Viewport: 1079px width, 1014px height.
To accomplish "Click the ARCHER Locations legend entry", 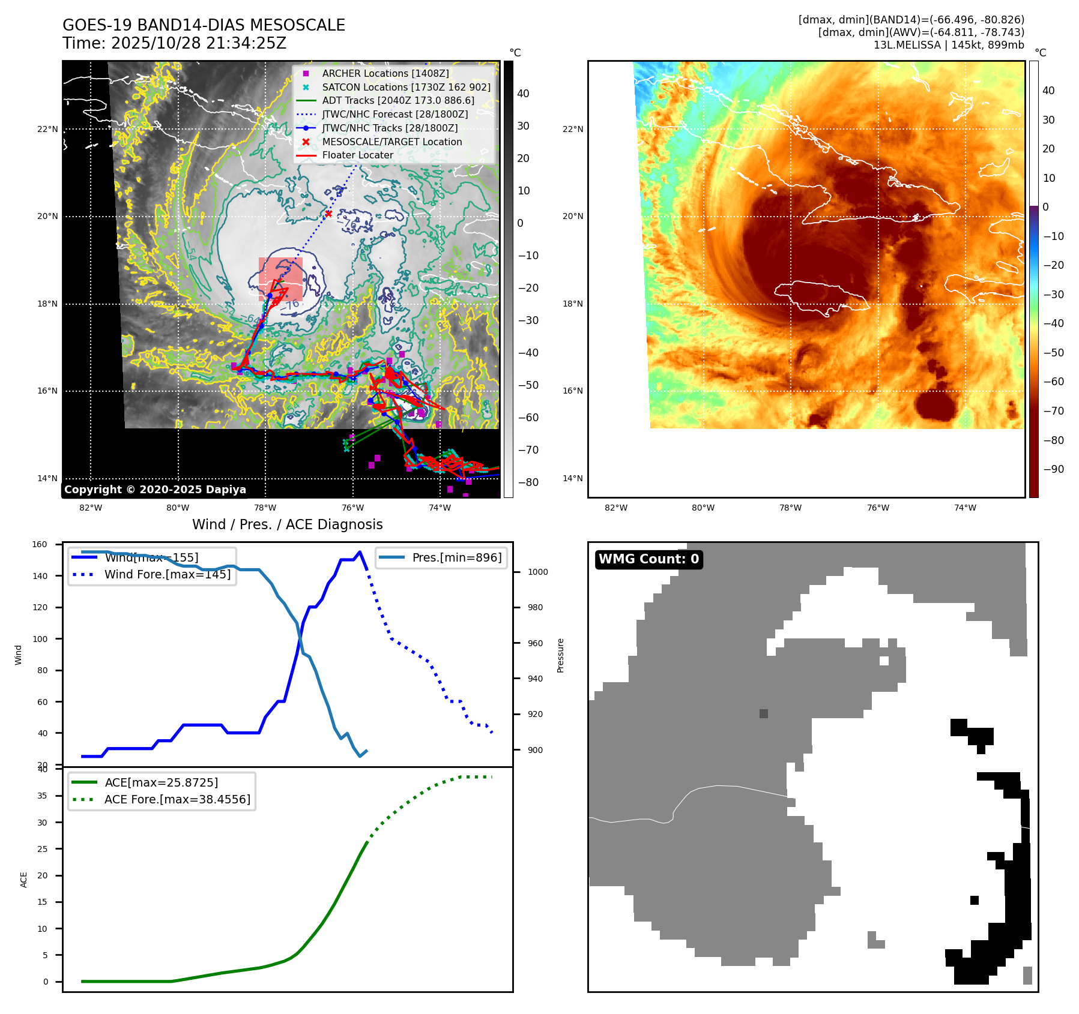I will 385,73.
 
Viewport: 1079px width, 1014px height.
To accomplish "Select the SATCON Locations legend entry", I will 406,87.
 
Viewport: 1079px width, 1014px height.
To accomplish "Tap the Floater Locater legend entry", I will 357,155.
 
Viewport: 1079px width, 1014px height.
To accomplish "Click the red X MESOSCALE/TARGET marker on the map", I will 328,214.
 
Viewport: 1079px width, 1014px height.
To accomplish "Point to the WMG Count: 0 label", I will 648,559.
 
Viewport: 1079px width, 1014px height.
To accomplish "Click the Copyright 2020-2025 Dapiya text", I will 155,490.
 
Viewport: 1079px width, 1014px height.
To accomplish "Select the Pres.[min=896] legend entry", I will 456,557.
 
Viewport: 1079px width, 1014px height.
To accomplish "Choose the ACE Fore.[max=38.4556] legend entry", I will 177,799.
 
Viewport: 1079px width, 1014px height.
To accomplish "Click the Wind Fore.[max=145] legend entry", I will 167,574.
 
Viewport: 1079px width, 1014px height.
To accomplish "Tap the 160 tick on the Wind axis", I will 40,544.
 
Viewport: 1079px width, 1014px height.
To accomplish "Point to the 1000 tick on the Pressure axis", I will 537,572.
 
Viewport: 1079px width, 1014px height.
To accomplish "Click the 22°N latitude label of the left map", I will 47,129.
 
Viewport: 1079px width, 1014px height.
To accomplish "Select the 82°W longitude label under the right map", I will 616,508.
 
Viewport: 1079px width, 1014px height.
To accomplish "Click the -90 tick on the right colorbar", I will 1053,469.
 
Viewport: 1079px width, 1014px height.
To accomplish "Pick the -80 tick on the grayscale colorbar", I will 528,482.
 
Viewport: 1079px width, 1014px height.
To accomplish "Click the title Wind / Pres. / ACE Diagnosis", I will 287,524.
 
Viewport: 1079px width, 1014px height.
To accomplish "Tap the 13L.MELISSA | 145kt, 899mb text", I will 949,45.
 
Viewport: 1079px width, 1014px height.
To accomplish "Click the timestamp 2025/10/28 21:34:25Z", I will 199,43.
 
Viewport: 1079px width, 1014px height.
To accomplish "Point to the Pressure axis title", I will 560,655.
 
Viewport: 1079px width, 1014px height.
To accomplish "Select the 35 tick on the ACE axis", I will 42,796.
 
